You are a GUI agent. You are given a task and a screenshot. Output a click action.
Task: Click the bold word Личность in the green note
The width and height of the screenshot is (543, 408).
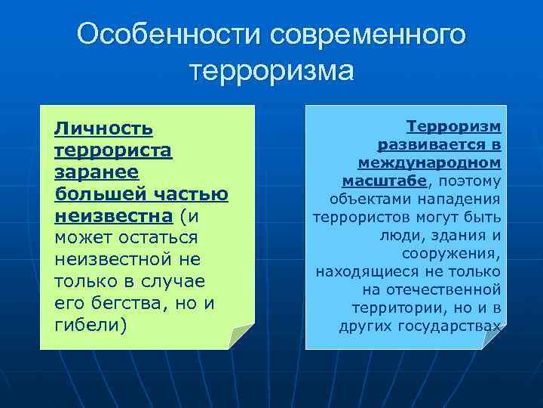[103, 129]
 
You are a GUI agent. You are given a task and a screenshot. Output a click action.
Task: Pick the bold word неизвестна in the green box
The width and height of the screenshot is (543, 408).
[114, 216]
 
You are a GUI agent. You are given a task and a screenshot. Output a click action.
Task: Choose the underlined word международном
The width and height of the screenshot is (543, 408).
[429, 162]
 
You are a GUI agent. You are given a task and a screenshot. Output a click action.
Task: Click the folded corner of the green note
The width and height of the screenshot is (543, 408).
[242, 336]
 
